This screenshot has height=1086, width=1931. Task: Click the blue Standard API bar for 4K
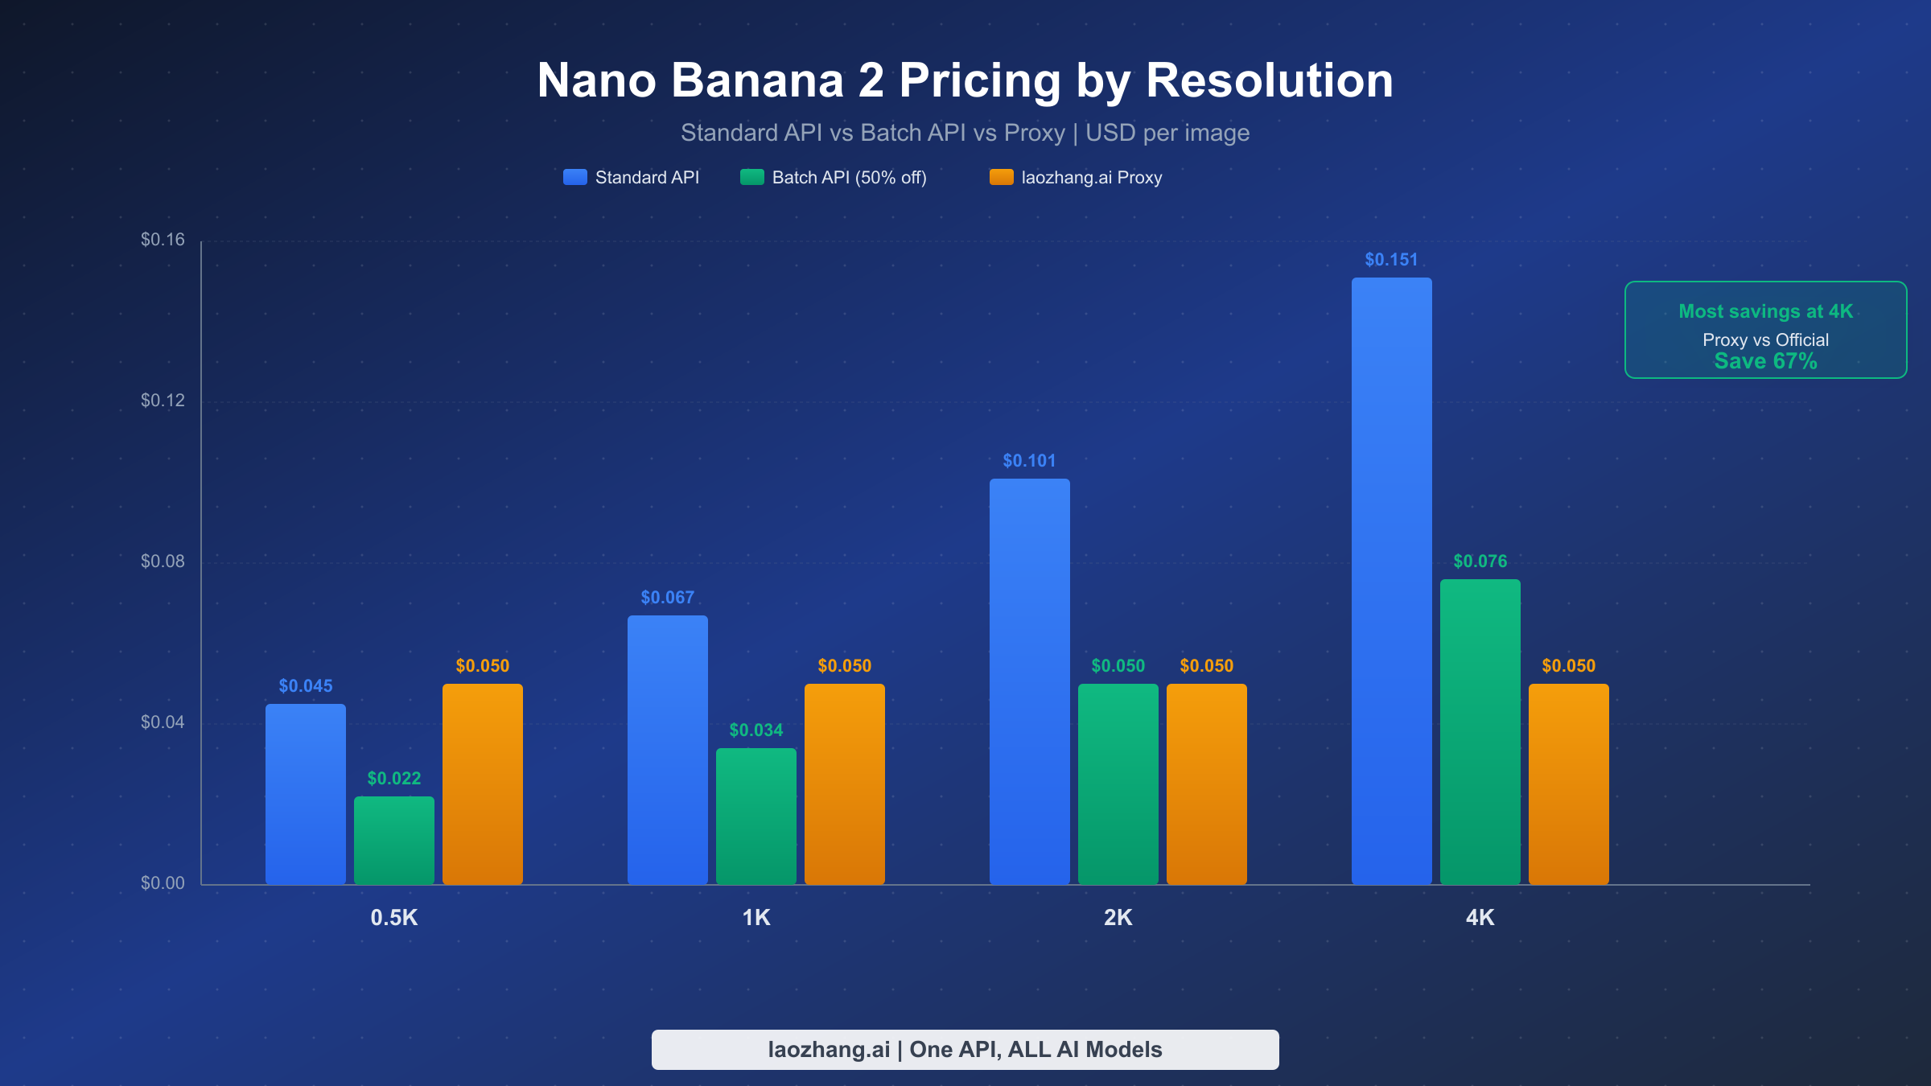point(1391,579)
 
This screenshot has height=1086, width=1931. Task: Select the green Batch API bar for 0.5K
point(393,840)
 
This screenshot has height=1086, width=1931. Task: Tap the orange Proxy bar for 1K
point(844,784)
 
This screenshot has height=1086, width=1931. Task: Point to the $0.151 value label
point(1391,260)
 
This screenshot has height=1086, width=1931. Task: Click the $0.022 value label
point(393,779)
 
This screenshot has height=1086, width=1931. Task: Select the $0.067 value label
point(667,598)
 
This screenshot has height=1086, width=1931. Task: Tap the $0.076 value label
point(1480,562)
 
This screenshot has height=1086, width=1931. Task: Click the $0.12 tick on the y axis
point(163,401)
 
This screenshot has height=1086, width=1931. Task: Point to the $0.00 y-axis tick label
point(163,883)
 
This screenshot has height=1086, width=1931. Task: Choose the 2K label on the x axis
point(1118,918)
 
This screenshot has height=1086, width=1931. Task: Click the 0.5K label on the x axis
point(393,918)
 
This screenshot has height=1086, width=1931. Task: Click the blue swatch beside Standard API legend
point(574,178)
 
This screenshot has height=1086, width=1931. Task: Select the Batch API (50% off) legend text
point(849,178)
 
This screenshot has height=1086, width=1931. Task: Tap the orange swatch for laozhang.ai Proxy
point(1001,178)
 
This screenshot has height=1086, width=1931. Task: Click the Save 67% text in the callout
point(1765,361)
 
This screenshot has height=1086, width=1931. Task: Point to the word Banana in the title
point(757,80)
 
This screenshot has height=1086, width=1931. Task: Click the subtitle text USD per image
point(1167,133)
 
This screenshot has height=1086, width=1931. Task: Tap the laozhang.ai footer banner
point(965,1050)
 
